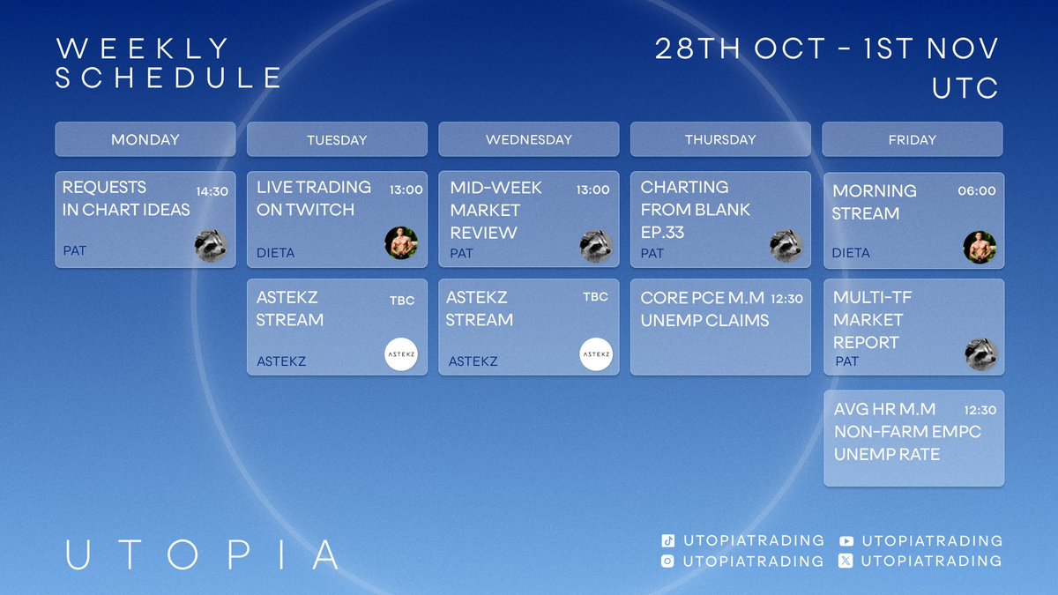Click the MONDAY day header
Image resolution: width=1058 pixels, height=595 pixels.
[x=145, y=139]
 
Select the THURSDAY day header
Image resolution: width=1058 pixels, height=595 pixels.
[x=720, y=139]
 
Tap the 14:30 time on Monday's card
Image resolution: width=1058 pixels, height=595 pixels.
[x=212, y=190]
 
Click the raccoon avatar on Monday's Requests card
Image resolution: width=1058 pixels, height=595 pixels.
[x=212, y=246]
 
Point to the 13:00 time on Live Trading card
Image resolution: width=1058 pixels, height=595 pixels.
[x=406, y=190]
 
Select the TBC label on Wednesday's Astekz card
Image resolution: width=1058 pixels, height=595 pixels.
[x=595, y=297]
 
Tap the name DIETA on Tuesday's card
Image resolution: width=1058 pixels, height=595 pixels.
[x=276, y=253]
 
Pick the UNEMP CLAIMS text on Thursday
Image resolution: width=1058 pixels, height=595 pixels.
[x=704, y=321]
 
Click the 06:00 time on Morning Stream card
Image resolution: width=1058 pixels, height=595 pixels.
[x=977, y=190]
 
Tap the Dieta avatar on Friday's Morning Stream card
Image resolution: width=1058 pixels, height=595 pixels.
[x=980, y=248]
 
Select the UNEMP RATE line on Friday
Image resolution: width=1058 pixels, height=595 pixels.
[x=887, y=455]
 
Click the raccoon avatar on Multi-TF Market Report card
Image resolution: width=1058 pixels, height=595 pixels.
[x=980, y=353]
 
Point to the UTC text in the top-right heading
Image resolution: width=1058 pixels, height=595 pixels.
[x=965, y=88]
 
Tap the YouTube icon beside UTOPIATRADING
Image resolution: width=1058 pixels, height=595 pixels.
[x=846, y=541]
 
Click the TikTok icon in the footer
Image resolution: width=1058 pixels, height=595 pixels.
[x=667, y=541]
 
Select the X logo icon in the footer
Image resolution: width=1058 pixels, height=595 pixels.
[x=846, y=562]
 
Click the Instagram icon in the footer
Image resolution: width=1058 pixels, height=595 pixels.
[x=667, y=562]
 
